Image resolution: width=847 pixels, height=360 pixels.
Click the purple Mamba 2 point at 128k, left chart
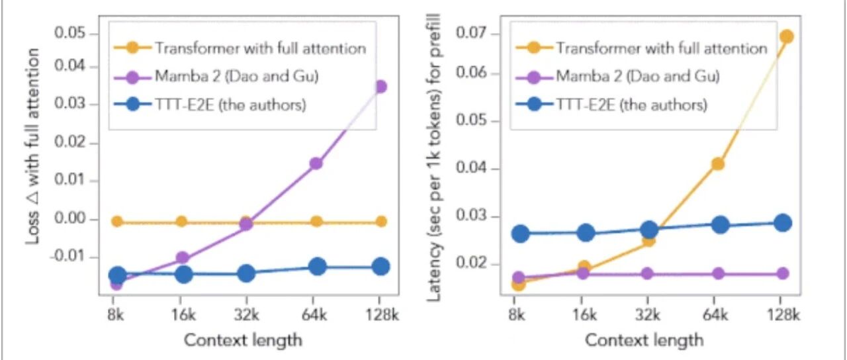pyautogui.click(x=380, y=87)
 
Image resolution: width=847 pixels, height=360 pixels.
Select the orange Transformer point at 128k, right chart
pyautogui.click(x=787, y=36)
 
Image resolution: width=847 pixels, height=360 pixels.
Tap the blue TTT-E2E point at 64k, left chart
pyautogui.click(x=318, y=267)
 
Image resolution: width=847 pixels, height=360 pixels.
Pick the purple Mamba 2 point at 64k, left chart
pyautogui.click(x=316, y=163)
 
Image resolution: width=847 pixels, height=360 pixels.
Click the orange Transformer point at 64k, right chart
pyautogui.click(x=718, y=164)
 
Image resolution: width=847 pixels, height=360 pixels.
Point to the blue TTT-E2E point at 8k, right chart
pyautogui.click(x=520, y=234)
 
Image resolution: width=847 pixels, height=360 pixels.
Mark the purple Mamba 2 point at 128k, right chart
pyautogui.click(x=783, y=273)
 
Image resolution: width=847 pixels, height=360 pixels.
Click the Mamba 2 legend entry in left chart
pyautogui.click(x=216, y=77)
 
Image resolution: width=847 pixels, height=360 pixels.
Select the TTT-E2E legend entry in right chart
pyautogui.click(x=611, y=105)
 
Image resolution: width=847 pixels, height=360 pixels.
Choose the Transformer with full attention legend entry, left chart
pyautogui.click(x=240, y=49)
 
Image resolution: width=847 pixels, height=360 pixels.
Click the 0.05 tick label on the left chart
pyautogui.click(x=71, y=33)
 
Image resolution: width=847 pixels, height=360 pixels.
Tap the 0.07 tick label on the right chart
pyautogui.click(x=472, y=33)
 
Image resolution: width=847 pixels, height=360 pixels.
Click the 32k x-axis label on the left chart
pyautogui.click(x=247, y=314)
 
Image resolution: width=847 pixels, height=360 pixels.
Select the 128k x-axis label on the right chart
pyautogui.click(x=783, y=314)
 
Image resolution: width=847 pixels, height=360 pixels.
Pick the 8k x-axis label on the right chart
pyautogui.click(x=517, y=314)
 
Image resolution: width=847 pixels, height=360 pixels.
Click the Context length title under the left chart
pyautogui.click(x=243, y=340)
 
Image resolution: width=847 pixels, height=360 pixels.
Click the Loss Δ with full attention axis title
pyautogui.click(x=33, y=146)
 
